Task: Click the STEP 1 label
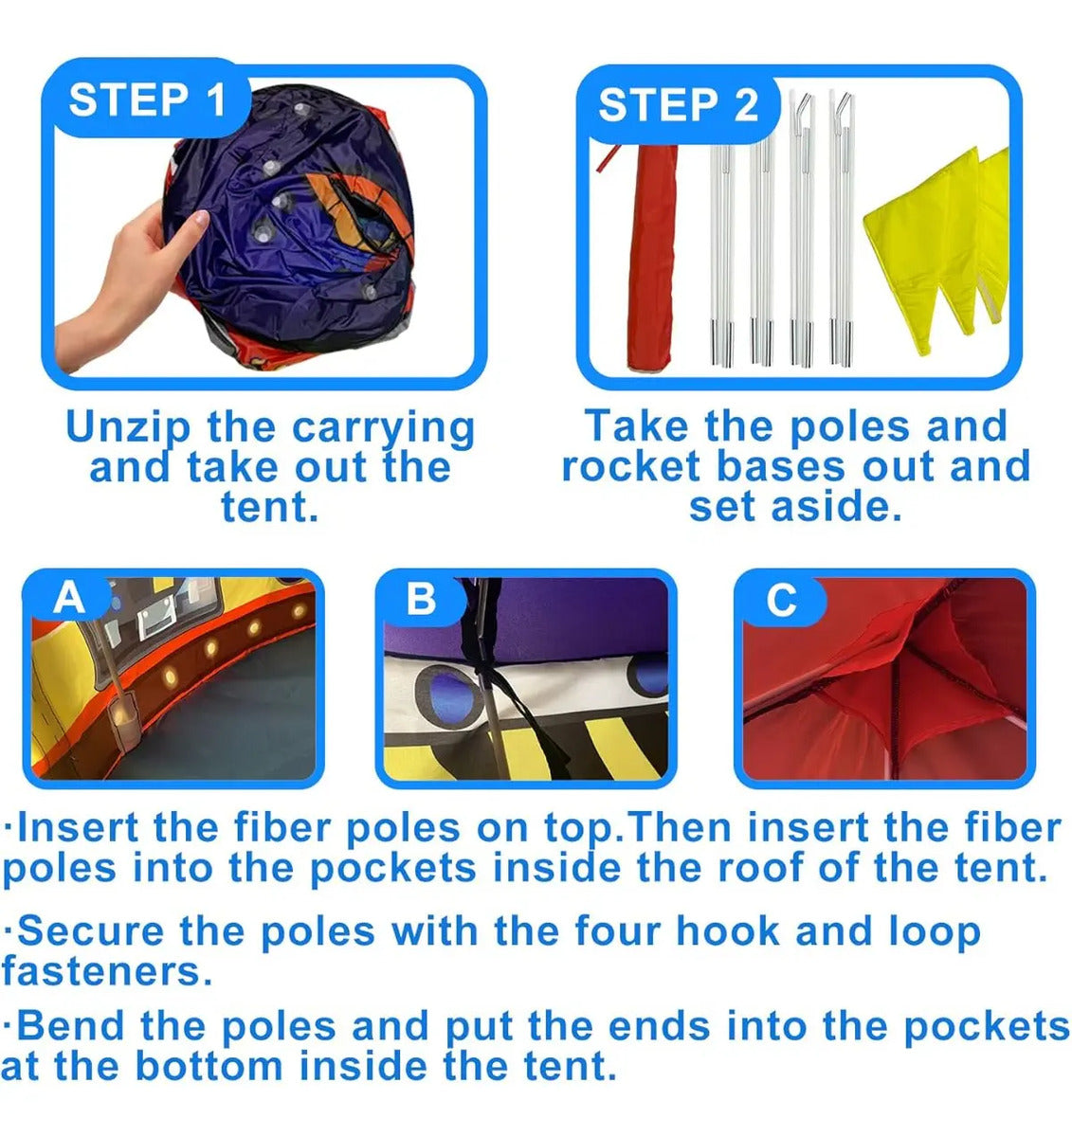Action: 147,100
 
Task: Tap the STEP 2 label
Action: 678,105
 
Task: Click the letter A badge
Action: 69,600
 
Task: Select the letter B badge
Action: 421,600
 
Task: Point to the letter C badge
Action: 781,600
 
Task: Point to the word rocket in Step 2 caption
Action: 631,466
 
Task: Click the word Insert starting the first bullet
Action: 78,828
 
